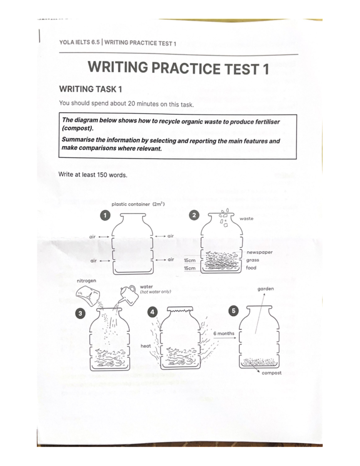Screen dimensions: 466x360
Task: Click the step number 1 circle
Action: point(105,215)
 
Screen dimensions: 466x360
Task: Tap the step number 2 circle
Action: point(194,215)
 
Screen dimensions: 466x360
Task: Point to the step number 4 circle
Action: point(152,312)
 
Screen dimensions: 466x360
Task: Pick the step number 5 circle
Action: point(233,311)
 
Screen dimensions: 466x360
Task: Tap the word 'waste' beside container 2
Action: point(246,218)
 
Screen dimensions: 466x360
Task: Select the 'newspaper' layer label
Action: point(259,252)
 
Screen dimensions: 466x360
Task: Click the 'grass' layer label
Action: point(253,260)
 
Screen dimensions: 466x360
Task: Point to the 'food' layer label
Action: point(251,268)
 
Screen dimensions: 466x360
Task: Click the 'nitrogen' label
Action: point(86,281)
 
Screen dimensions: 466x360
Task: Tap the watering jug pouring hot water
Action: point(129,294)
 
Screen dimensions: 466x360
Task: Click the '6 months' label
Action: point(224,333)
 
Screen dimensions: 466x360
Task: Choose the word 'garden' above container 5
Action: point(265,289)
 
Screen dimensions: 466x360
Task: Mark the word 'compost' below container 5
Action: point(271,373)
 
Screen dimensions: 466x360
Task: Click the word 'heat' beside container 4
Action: point(146,346)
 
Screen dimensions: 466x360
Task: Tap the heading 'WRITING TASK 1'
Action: point(91,89)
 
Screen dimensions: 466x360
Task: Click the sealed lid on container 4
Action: point(180,309)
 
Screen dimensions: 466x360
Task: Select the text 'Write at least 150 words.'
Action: point(93,175)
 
